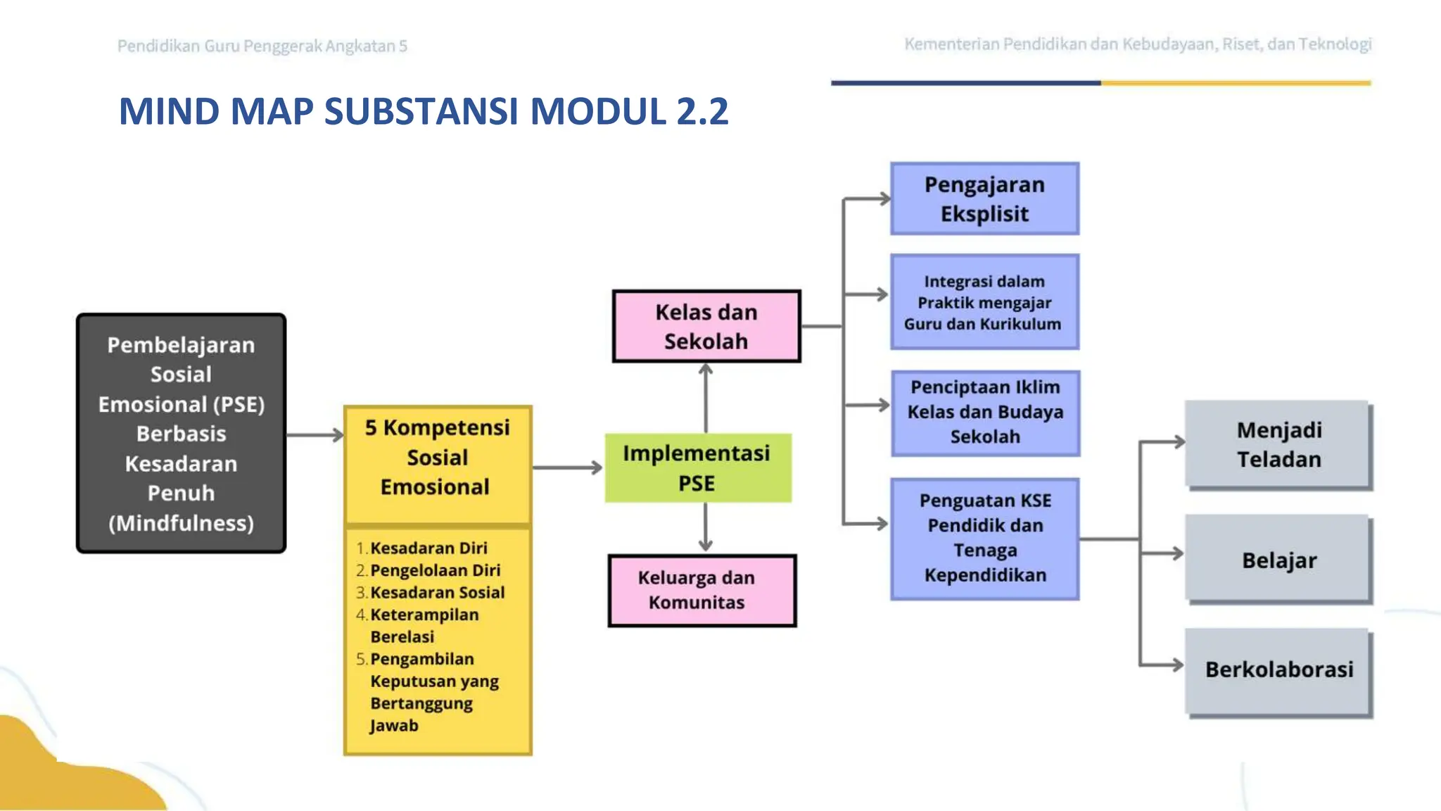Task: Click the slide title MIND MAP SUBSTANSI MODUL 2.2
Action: click(x=424, y=111)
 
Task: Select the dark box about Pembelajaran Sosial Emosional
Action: click(x=182, y=433)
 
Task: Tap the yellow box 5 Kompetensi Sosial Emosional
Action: click(x=437, y=458)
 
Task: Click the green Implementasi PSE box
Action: click(x=697, y=468)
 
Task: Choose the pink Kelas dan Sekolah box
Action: click(x=706, y=327)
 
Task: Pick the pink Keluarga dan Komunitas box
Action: click(x=702, y=590)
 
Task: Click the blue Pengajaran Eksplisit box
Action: click(x=984, y=199)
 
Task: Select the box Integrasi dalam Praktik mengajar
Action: click(x=984, y=303)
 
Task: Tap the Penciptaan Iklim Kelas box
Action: click(x=985, y=413)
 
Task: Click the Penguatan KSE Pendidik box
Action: click(x=985, y=539)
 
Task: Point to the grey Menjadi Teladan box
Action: click(x=1278, y=444)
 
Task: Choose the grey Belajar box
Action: click(x=1278, y=560)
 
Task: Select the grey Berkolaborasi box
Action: click(x=1278, y=669)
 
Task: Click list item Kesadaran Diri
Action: click(x=429, y=548)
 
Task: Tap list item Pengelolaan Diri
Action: click(x=435, y=570)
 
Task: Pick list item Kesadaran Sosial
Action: click(x=437, y=592)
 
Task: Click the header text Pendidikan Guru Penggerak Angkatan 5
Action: click(x=262, y=46)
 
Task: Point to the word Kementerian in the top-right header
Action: click(x=951, y=44)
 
